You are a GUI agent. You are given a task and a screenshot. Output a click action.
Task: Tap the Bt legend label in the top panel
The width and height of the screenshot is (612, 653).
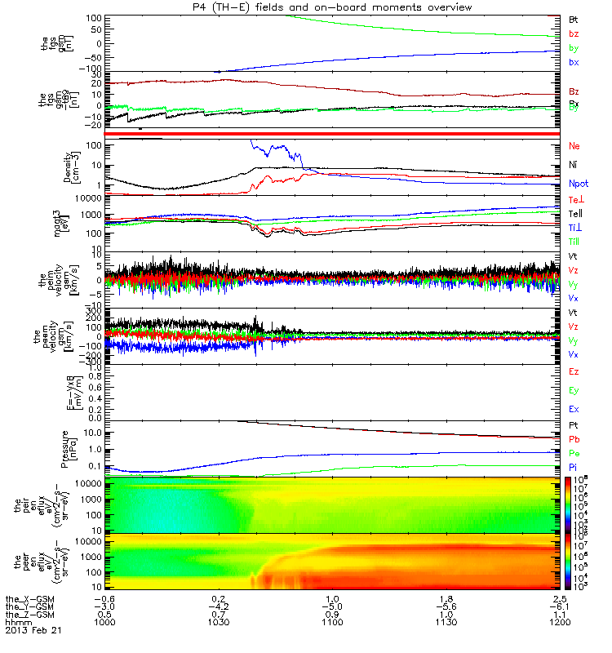pyautogui.click(x=574, y=18)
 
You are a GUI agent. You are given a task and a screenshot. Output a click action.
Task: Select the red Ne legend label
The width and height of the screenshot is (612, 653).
pyautogui.click(x=574, y=146)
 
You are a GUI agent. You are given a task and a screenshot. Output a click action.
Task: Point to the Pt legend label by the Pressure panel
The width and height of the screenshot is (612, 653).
pyautogui.click(x=574, y=426)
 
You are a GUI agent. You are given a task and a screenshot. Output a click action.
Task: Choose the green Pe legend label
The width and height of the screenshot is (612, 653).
pyautogui.click(x=574, y=452)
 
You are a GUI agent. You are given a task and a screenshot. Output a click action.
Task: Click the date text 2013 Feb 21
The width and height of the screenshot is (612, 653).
pyautogui.click(x=33, y=631)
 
